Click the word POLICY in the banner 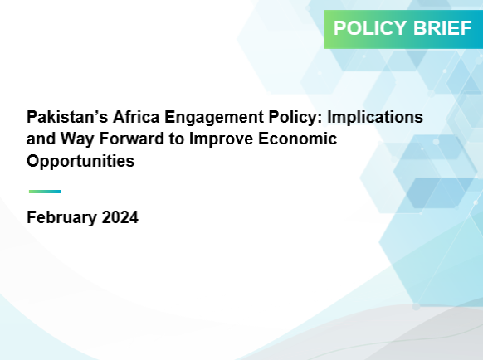[x=370, y=28]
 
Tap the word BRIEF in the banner [x=442, y=28]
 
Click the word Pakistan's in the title [x=67, y=117]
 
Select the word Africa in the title [x=136, y=117]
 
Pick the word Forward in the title [x=131, y=139]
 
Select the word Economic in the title [x=297, y=139]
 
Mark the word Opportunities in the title [x=80, y=162]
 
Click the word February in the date [x=61, y=218]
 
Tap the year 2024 [x=120, y=217]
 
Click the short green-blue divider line [x=45, y=192]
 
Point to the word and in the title [x=41, y=139]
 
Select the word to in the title [x=177, y=139]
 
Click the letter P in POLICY [x=339, y=28]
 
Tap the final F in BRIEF [x=466, y=28]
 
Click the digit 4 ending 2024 [x=134, y=217]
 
